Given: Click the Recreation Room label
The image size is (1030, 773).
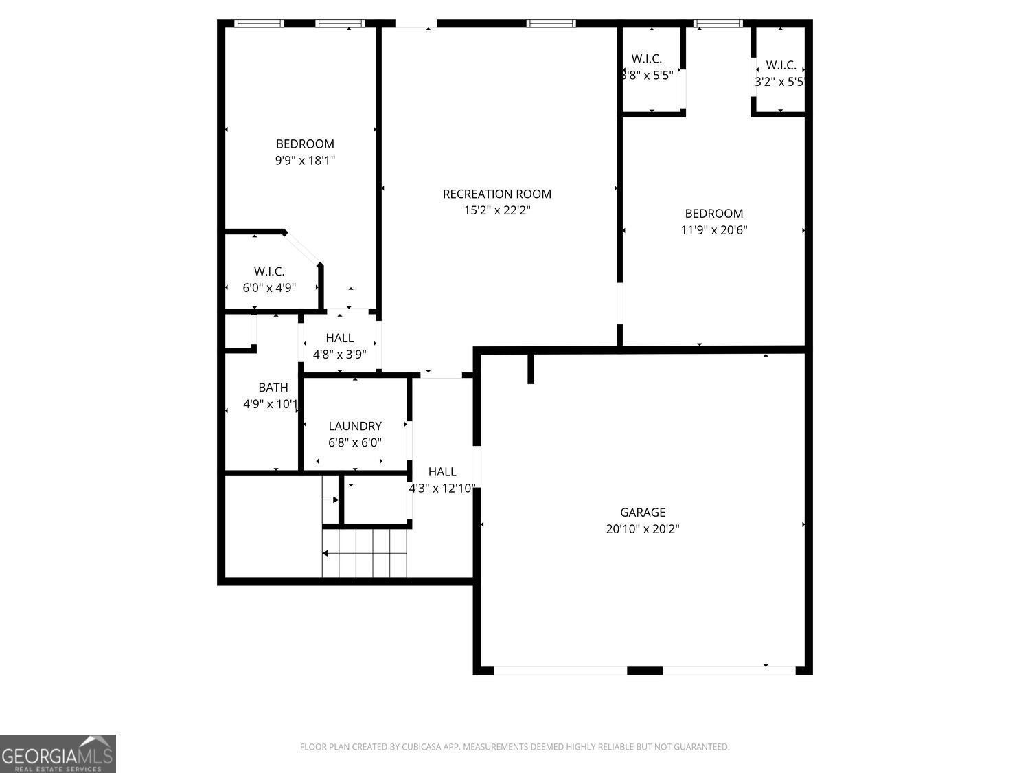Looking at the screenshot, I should click(496, 194).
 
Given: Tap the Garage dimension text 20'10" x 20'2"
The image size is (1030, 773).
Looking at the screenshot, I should click(643, 529).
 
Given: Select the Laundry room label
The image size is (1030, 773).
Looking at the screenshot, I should click(354, 426).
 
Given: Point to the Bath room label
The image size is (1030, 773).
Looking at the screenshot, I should click(273, 388).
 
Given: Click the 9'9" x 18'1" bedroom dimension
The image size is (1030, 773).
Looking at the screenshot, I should click(305, 161).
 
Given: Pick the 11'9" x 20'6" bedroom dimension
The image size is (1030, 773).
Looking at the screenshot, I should click(713, 230).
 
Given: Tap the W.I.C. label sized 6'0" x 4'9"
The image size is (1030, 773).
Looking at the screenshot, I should click(269, 271).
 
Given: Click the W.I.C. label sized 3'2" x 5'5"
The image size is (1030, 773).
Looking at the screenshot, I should click(781, 65).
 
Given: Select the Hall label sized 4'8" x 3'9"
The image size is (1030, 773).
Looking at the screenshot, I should click(339, 338).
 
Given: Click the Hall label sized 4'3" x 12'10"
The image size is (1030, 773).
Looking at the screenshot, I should click(442, 471).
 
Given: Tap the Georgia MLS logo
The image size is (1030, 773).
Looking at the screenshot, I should click(58, 753).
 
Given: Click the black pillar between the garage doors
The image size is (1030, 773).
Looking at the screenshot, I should click(645, 671).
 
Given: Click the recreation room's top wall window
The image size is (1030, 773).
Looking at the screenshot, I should click(551, 23).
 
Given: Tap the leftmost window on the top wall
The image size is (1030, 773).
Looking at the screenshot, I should click(259, 23).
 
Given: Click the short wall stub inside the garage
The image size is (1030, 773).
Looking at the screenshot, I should click(531, 369).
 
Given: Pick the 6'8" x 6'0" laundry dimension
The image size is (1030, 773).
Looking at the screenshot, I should click(354, 443).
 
